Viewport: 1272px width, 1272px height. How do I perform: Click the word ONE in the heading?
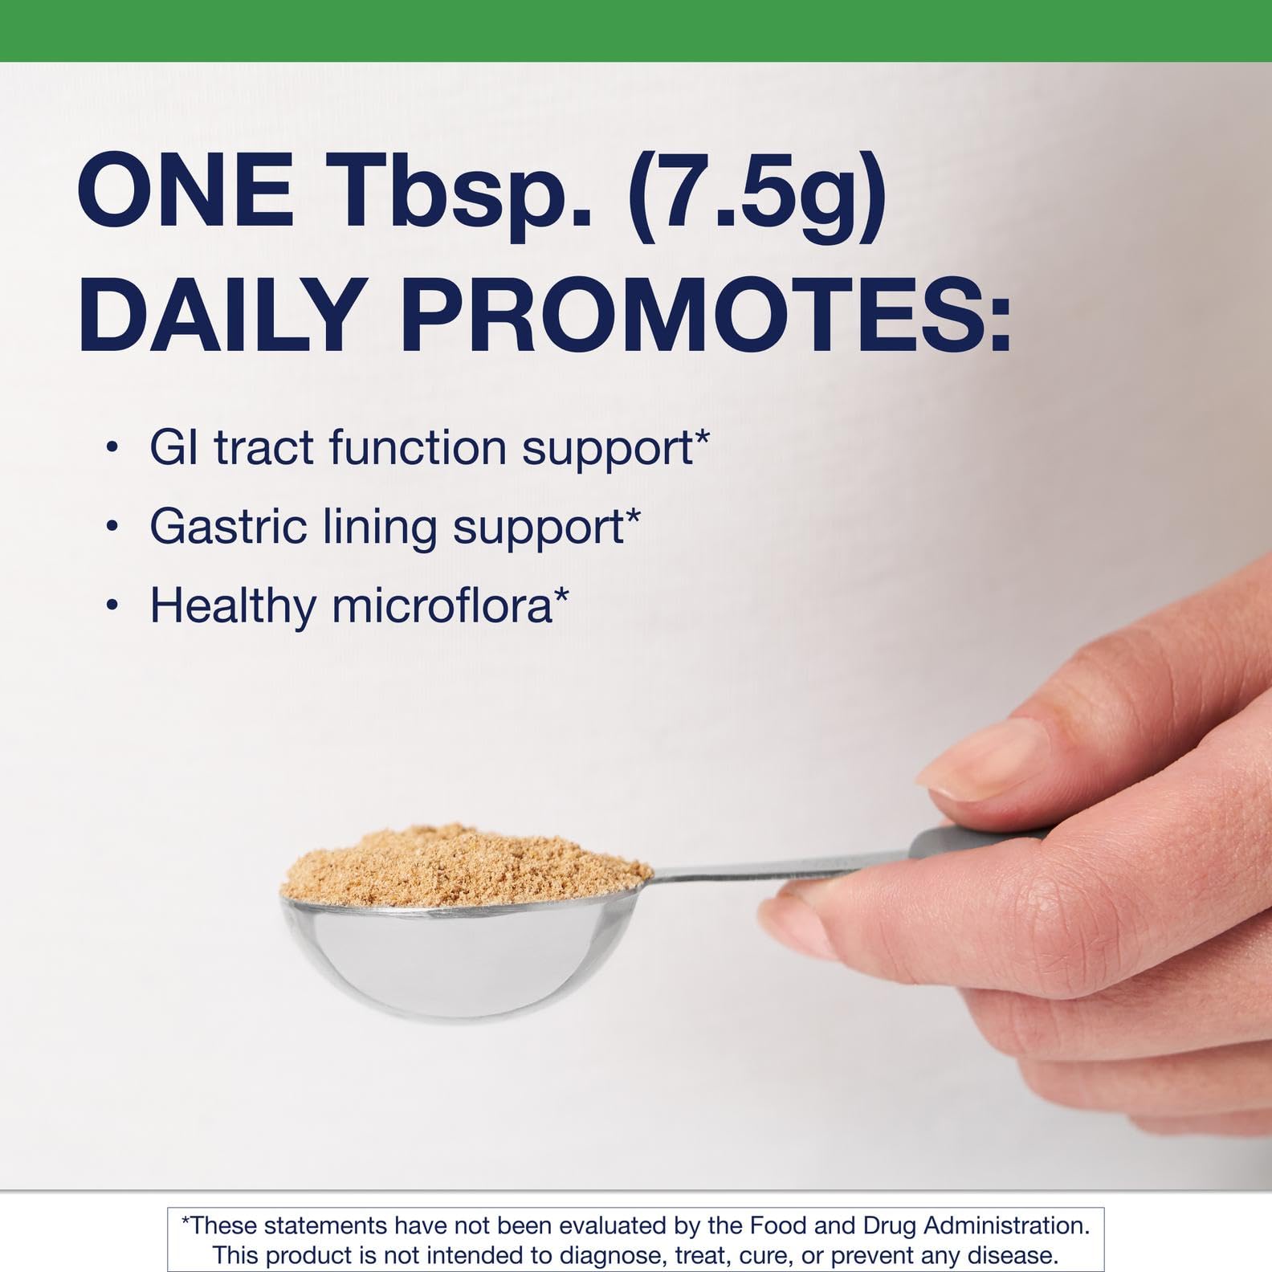click(185, 196)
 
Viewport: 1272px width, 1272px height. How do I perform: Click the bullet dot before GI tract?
click(112, 448)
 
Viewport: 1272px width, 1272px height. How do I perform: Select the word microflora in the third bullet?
click(442, 605)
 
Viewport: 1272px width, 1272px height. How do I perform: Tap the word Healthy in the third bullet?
click(233, 605)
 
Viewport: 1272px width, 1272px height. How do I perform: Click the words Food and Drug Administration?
click(919, 1225)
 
